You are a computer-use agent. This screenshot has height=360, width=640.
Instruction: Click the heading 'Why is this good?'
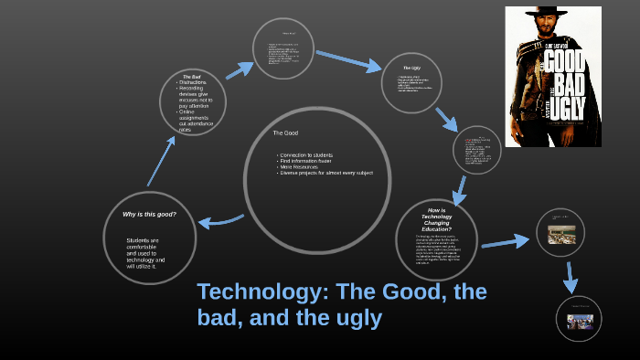(149, 214)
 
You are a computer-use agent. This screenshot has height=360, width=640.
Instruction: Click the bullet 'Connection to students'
(307, 154)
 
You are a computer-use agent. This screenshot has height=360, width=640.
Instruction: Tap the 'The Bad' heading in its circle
(192, 77)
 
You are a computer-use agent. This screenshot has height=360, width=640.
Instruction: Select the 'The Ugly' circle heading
(411, 69)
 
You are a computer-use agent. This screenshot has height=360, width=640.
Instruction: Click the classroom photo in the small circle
(560, 234)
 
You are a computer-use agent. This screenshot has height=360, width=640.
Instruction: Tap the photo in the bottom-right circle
(580, 322)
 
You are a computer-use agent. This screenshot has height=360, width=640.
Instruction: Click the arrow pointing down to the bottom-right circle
(571, 277)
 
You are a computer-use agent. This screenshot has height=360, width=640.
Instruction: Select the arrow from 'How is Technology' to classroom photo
(506, 242)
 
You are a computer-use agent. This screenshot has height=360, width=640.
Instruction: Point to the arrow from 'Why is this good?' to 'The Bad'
(162, 160)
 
